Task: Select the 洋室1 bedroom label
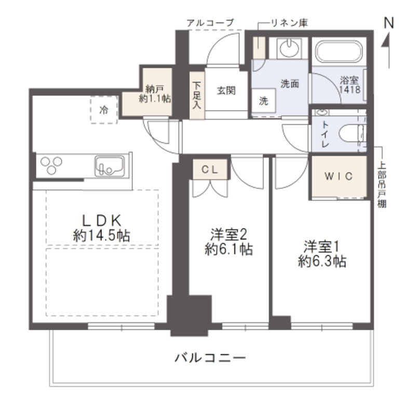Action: [322, 253]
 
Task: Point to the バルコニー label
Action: [209, 358]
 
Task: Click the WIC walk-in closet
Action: [339, 177]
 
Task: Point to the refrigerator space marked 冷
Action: [104, 110]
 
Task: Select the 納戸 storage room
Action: [155, 92]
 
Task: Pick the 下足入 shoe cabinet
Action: [197, 95]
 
